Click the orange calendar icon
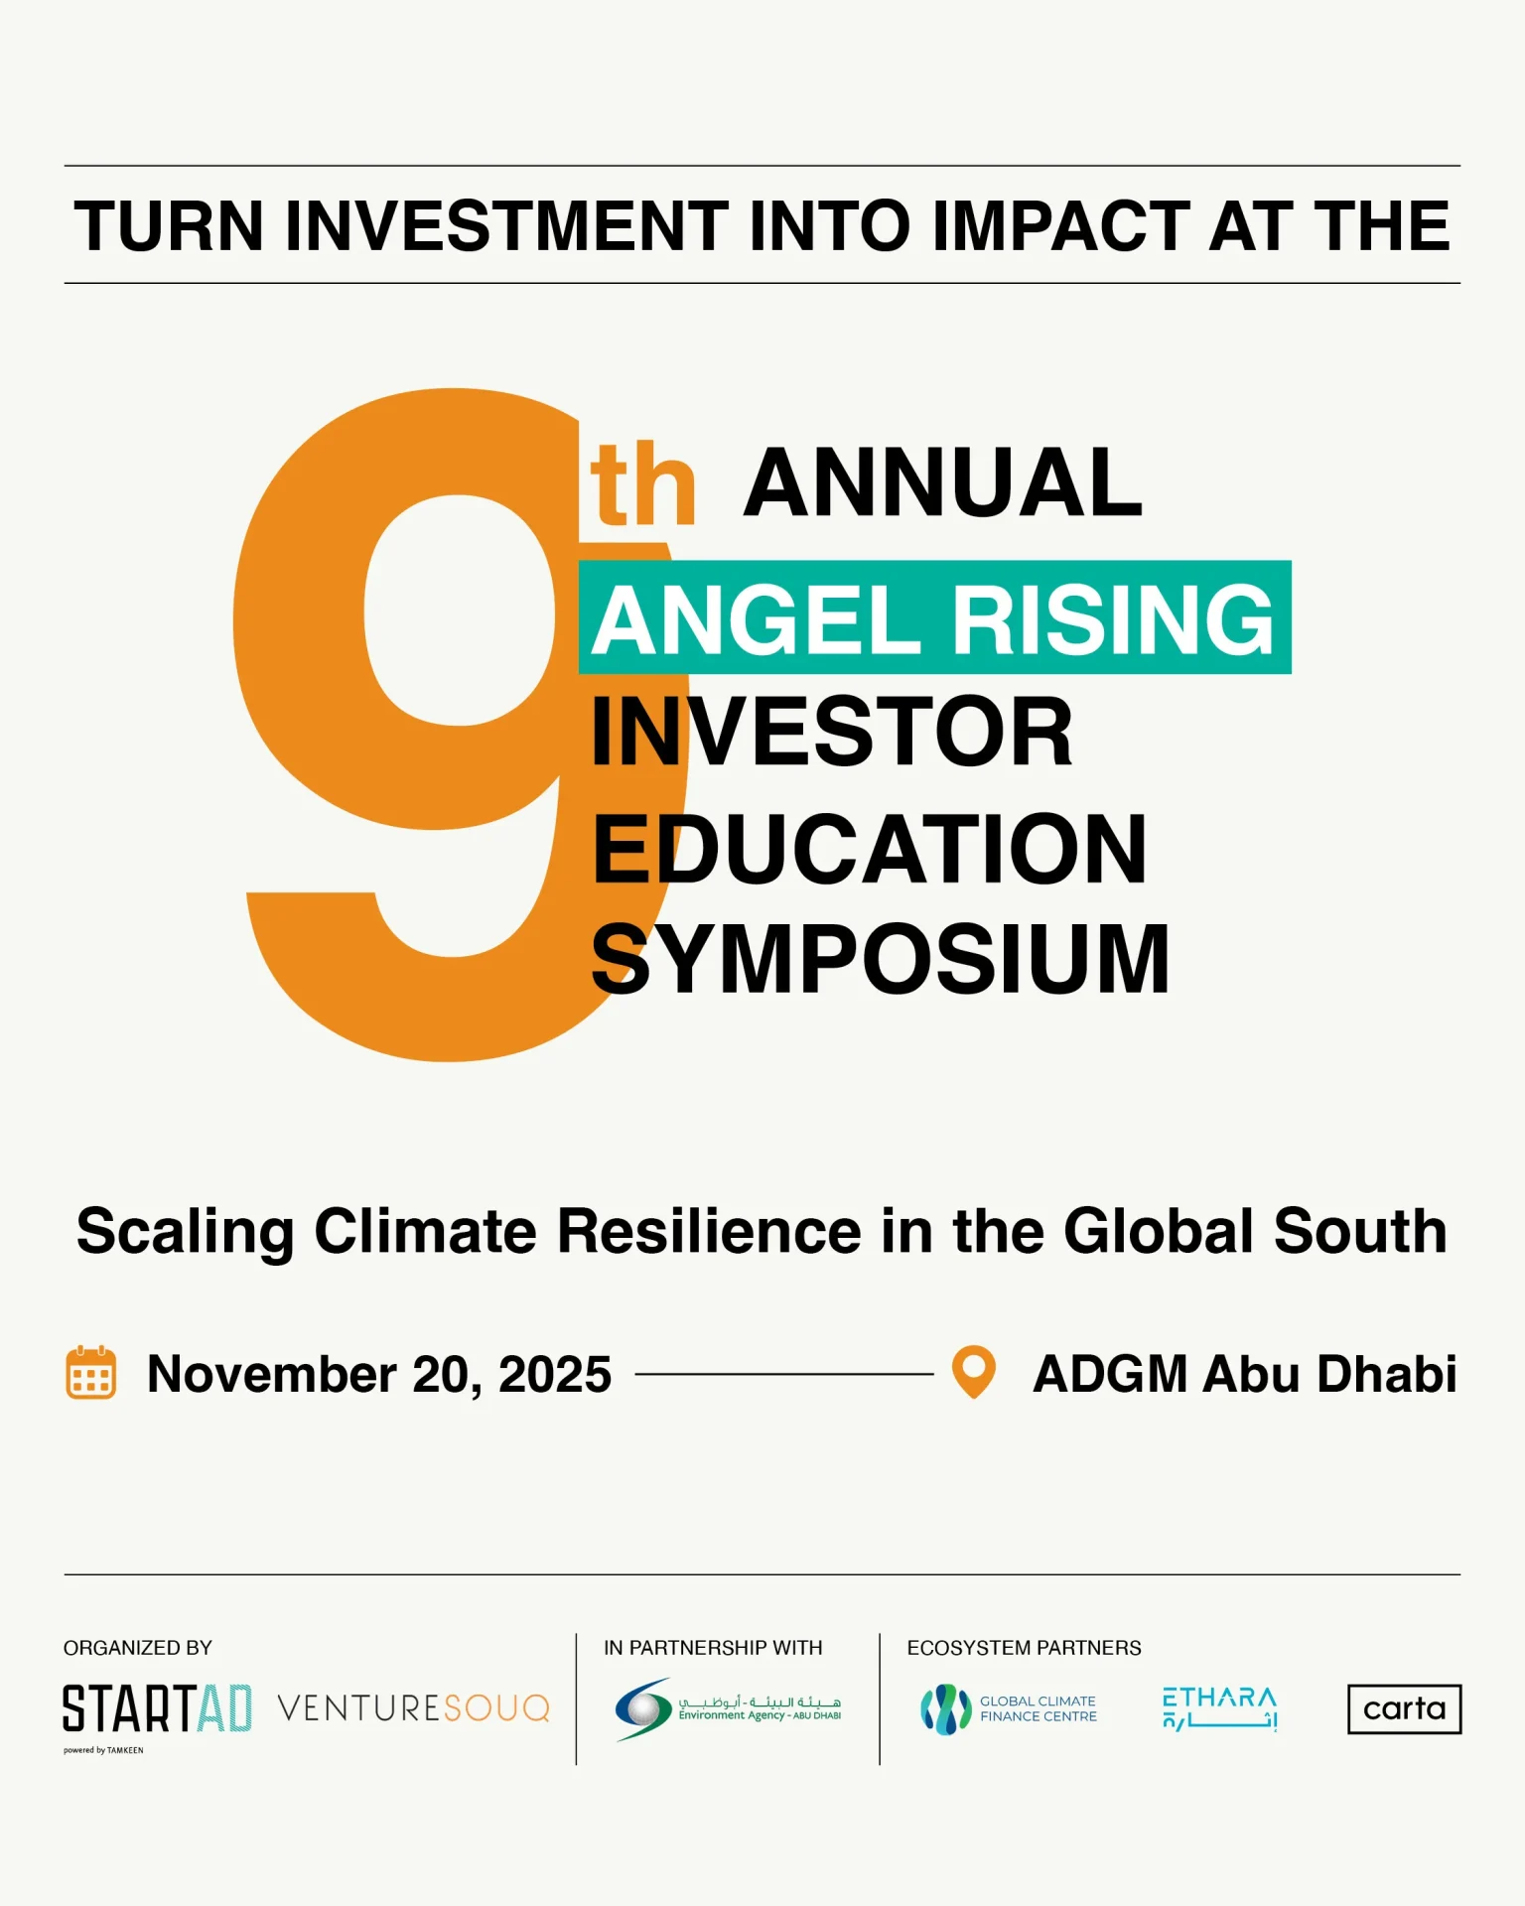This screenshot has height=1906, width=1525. click(90, 1373)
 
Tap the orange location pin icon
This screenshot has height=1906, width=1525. click(973, 1371)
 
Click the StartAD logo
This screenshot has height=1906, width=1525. click(157, 1708)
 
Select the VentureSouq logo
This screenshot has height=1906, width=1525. click(413, 1708)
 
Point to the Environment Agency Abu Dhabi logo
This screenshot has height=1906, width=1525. click(728, 1709)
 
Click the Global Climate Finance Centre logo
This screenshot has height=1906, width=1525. click(1009, 1708)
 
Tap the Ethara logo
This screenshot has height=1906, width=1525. click(1219, 1708)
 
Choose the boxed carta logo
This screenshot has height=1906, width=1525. click(1404, 1708)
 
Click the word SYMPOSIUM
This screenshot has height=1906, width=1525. click(880, 959)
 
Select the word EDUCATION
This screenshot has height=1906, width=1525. click(870, 849)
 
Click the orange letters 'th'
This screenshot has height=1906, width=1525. click(642, 485)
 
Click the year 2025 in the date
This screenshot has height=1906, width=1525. click(554, 1375)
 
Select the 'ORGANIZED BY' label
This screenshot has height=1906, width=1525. click(138, 1648)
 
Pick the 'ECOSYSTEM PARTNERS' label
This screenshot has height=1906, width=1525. click(1024, 1648)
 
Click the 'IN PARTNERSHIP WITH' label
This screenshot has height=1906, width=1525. click(713, 1648)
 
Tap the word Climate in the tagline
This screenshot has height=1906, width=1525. click(426, 1231)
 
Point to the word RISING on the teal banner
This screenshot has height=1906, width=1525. click(1113, 620)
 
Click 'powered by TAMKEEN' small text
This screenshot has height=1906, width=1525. click(103, 1750)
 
